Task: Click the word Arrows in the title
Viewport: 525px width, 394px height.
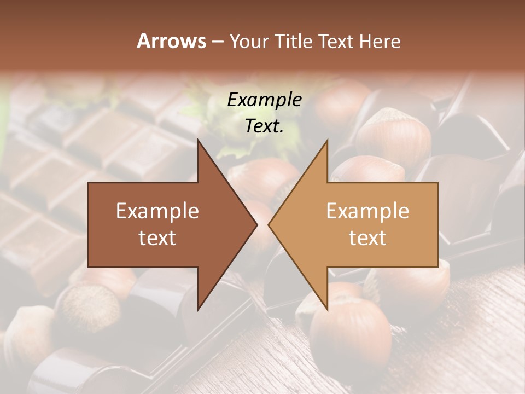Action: point(171,41)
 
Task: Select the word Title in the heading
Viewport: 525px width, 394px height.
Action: point(295,42)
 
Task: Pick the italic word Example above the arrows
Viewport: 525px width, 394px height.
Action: point(264,100)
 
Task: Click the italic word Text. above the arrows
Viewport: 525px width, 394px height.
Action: point(264,126)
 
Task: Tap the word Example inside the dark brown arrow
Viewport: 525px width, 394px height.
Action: point(157,211)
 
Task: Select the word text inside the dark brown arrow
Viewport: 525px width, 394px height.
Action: point(157,238)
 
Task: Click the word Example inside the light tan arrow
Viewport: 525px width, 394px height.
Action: point(367,211)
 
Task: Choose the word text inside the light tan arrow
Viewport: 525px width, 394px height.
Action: point(367,238)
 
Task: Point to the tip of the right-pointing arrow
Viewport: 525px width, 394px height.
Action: point(256,224)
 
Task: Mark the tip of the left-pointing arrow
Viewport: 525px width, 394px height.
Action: point(269,224)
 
